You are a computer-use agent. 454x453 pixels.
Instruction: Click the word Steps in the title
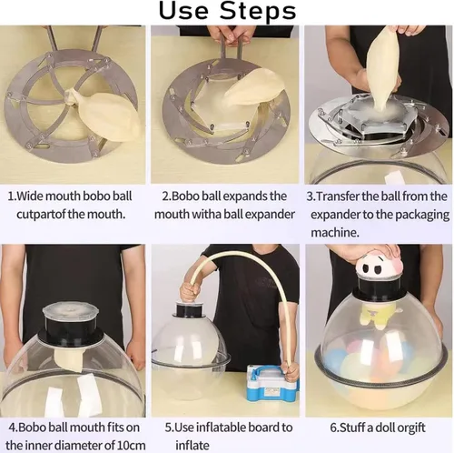pos(258,11)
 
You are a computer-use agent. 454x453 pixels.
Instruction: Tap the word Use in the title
pos(183,11)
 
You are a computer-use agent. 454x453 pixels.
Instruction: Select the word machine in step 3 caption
pos(335,233)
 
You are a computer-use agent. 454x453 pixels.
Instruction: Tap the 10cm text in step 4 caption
pos(132,446)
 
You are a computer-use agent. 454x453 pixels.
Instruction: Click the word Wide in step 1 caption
pos(26,196)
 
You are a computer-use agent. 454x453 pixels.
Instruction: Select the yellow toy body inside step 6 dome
pos(375,316)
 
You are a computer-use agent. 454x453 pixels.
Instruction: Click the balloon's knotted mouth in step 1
pos(71,97)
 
